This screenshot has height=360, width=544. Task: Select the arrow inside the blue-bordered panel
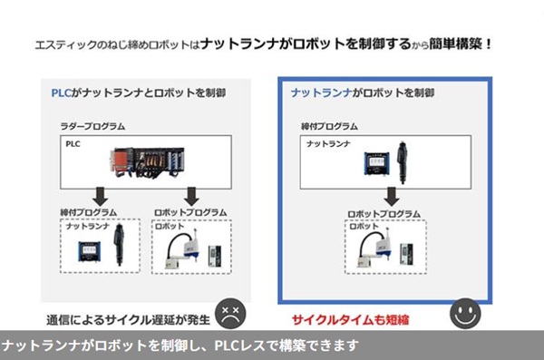391,196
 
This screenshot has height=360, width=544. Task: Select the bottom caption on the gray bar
181,345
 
